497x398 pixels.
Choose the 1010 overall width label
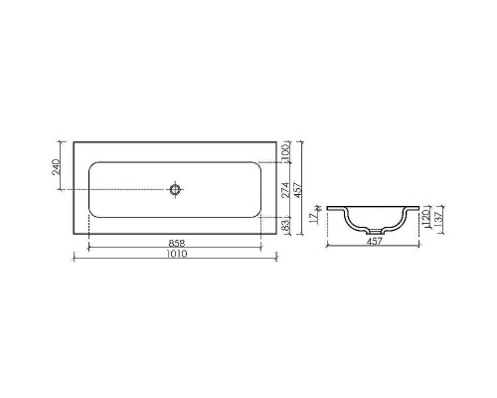click(176, 255)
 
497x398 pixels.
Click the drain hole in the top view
click(176, 188)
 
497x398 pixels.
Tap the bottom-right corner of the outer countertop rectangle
click(278, 235)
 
